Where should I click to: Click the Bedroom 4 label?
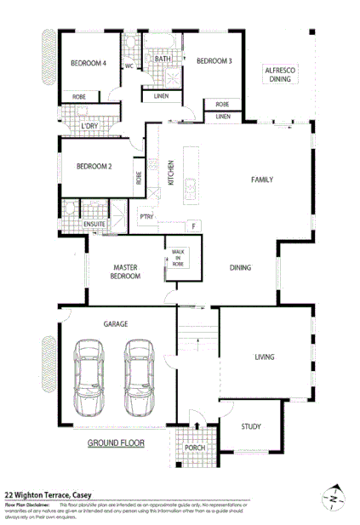click(x=88, y=62)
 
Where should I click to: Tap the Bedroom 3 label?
click(x=214, y=61)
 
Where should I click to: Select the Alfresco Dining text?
click(x=279, y=74)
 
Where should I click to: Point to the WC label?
click(x=130, y=66)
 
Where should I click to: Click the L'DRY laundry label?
click(x=90, y=127)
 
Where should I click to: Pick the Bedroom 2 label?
click(x=94, y=167)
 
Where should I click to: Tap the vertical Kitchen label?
click(x=171, y=173)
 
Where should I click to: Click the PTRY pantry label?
click(x=146, y=218)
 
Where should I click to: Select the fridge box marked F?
click(x=193, y=225)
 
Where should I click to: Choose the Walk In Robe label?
click(x=178, y=258)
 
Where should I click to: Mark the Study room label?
click(x=250, y=427)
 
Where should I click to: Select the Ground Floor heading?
click(x=116, y=443)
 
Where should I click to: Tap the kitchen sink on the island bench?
click(x=192, y=185)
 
